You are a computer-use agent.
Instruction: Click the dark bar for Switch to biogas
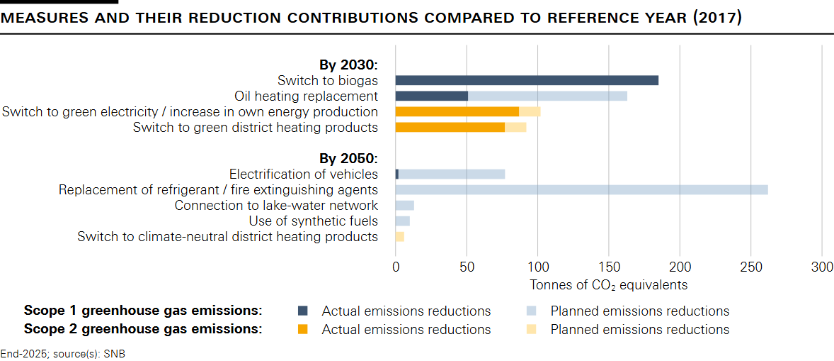[x=527, y=80]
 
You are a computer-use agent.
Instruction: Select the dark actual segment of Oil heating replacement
[x=431, y=96]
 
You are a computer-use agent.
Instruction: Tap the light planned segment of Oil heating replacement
[x=547, y=96]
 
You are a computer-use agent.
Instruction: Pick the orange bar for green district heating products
[x=450, y=127]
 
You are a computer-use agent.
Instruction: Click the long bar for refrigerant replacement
[x=581, y=189]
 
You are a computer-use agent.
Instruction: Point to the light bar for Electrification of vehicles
[x=452, y=174]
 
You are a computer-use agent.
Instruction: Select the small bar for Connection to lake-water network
[x=404, y=205]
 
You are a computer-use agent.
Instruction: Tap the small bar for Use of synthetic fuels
[x=402, y=221]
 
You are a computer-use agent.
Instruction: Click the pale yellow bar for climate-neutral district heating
[x=399, y=236]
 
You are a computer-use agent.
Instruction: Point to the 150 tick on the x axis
[x=609, y=267]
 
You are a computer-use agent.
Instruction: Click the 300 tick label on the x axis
[x=822, y=267]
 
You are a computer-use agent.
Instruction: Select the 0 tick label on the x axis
[x=396, y=267]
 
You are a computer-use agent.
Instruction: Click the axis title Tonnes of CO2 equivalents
[x=608, y=285]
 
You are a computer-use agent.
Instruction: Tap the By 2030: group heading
[x=348, y=65]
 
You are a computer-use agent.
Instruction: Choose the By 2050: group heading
[x=348, y=158]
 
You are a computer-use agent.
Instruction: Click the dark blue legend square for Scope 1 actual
[x=303, y=311]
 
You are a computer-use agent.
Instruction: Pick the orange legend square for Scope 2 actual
[x=303, y=329]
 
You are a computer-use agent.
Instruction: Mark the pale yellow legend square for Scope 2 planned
[x=532, y=329]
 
